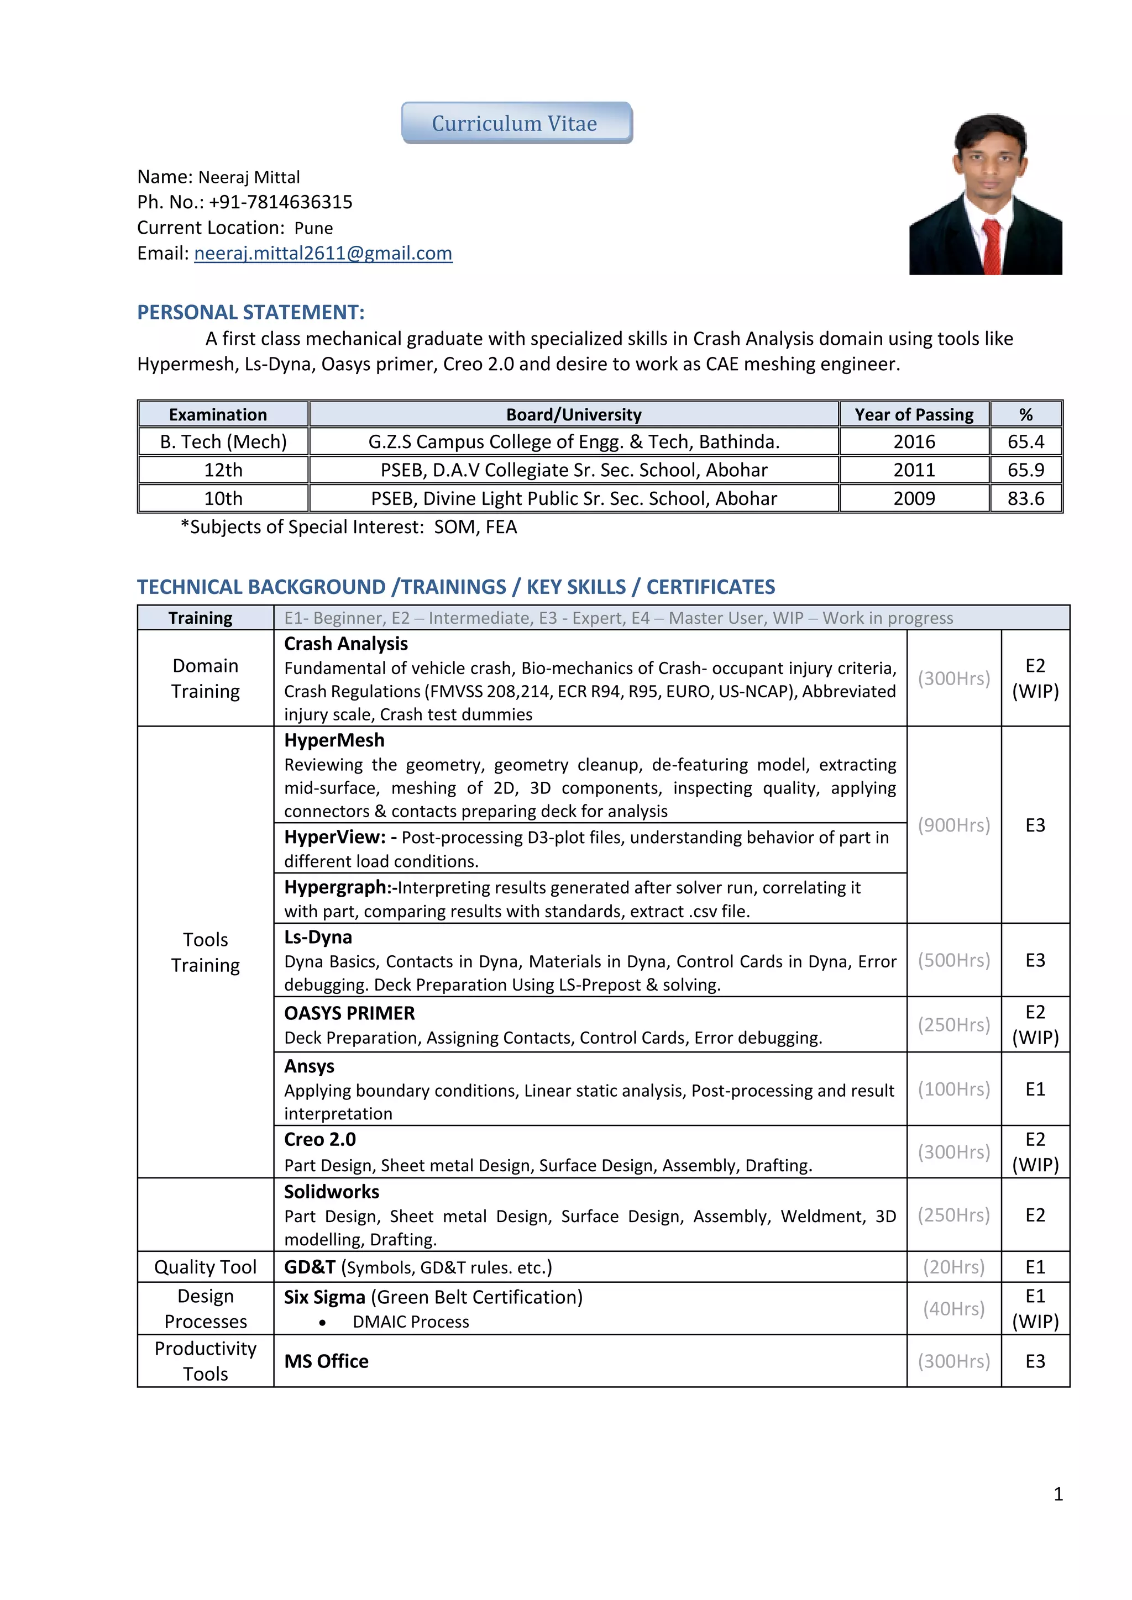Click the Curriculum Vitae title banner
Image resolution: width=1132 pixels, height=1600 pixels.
[516, 123]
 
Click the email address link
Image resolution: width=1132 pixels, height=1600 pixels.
[323, 254]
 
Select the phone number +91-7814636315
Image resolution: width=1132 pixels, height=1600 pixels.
[280, 202]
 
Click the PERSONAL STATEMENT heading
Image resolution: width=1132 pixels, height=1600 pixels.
[250, 312]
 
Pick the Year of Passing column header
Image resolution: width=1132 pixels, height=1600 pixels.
[914, 414]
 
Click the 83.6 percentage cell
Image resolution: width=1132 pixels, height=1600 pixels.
[1025, 499]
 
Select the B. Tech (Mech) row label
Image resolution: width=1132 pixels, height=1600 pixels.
[223, 442]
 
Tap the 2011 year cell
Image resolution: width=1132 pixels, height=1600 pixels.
[914, 470]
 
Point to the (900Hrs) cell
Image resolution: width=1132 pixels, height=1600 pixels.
[953, 825]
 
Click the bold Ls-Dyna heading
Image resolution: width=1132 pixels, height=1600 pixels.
[318, 937]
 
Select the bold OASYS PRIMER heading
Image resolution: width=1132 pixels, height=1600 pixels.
[349, 1013]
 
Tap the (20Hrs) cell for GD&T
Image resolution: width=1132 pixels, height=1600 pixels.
[953, 1267]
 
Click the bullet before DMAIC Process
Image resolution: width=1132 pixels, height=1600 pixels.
[322, 1323]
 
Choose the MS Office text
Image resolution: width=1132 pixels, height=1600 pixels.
[326, 1361]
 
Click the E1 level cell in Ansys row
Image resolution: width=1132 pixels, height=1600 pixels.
[1035, 1089]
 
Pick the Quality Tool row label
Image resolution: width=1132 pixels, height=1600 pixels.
[205, 1267]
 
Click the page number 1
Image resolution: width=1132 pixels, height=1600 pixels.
[1058, 1494]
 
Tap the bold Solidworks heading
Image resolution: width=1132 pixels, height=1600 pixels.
[331, 1192]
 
